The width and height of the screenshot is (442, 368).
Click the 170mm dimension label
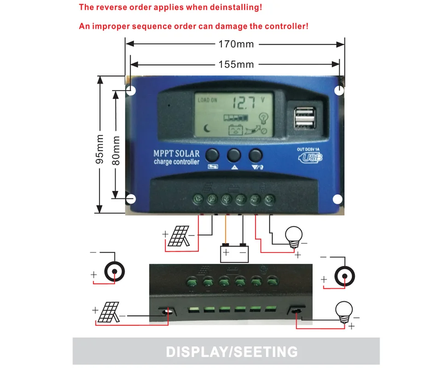tap(236, 45)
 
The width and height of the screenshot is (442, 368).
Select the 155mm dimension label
tap(236, 64)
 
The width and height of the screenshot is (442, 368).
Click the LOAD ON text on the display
tap(207, 100)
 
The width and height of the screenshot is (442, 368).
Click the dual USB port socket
tap(305, 117)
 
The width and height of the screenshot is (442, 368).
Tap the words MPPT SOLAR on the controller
tap(176, 153)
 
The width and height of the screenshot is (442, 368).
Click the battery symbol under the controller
tap(234, 253)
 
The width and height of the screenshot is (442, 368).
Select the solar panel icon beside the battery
tap(177, 236)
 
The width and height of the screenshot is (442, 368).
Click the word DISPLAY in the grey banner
tap(197, 352)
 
